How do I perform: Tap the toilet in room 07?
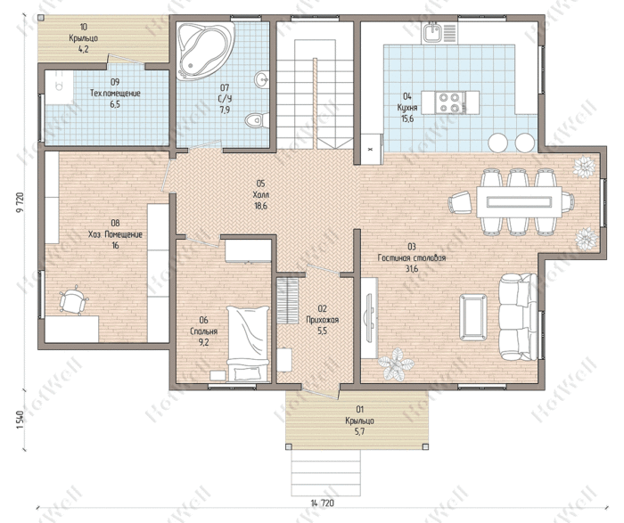click(x=257, y=119)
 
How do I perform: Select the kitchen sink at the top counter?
click(x=431, y=33)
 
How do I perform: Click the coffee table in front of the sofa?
click(x=473, y=317)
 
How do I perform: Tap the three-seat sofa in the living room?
click(x=518, y=316)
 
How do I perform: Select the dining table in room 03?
click(x=520, y=202)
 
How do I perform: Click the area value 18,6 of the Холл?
click(x=260, y=206)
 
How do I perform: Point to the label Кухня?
click(x=407, y=108)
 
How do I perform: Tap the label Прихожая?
click(x=323, y=320)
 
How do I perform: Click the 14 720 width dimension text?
click(x=322, y=503)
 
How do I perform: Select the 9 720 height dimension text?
click(x=21, y=203)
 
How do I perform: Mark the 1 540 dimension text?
click(x=21, y=420)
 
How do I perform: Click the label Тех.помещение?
click(x=115, y=94)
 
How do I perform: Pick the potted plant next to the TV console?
click(x=396, y=364)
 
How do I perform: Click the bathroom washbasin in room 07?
click(x=261, y=79)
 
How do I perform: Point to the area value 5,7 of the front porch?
click(x=360, y=431)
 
